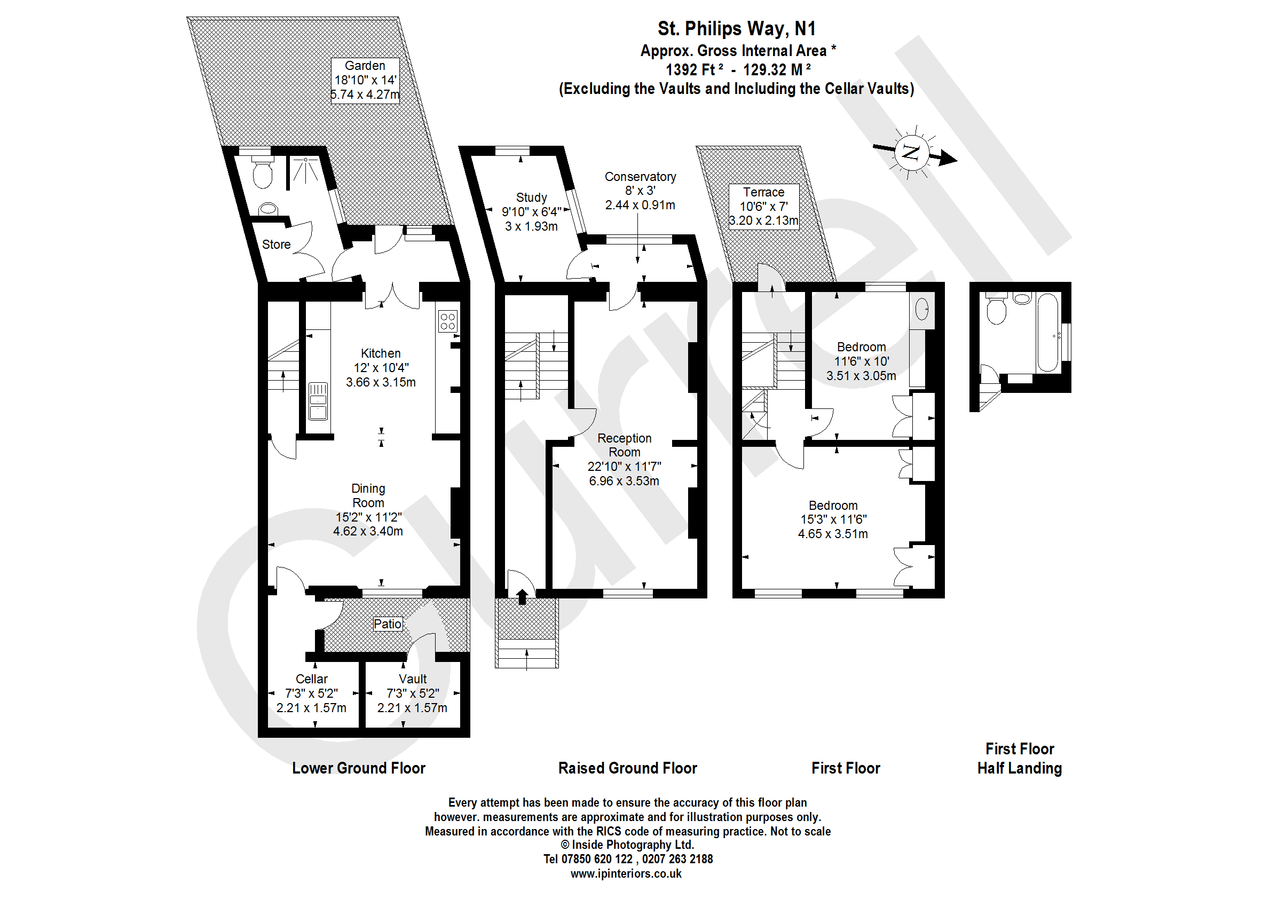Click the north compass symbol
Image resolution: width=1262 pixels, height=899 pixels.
pyautogui.click(x=911, y=152)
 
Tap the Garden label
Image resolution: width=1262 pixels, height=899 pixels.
pyautogui.click(x=365, y=66)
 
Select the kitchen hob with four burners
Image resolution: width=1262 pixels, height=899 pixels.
pyautogui.click(x=448, y=321)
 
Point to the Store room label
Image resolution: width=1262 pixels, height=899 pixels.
pyautogui.click(x=276, y=245)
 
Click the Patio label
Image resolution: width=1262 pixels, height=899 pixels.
pyautogui.click(x=387, y=625)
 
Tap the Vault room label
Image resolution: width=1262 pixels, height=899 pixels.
pyautogui.click(x=412, y=679)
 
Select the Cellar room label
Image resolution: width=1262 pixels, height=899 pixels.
pyautogui.click(x=312, y=679)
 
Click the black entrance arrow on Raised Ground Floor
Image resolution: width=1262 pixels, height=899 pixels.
pyautogui.click(x=522, y=597)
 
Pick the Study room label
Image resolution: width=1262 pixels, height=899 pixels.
pyautogui.click(x=531, y=198)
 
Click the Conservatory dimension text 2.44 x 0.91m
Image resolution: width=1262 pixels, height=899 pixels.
pyautogui.click(x=640, y=206)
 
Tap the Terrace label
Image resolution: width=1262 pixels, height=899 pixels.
pyautogui.click(x=763, y=193)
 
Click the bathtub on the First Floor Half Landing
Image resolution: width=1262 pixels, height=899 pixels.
pyautogui.click(x=1047, y=332)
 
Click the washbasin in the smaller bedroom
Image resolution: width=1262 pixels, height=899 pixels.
pyautogui.click(x=921, y=309)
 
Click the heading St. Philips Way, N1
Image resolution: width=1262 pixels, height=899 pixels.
pyautogui.click(x=736, y=29)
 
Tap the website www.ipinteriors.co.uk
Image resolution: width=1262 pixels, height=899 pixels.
pyautogui.click(x=626, y=874)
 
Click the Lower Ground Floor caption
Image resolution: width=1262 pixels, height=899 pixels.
pyautogui.click(x=359, y=768)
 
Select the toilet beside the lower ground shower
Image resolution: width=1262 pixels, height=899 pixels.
pyautogui.click(x=263, y=174)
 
